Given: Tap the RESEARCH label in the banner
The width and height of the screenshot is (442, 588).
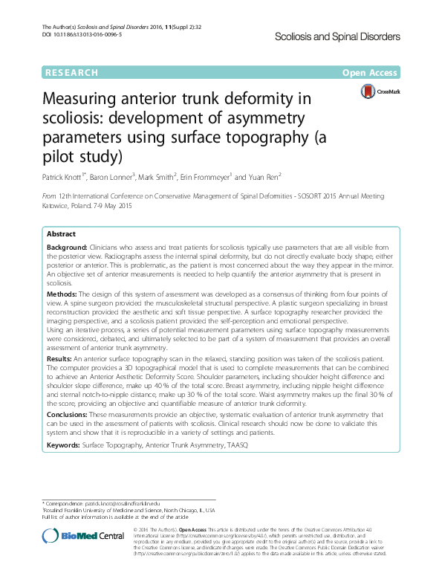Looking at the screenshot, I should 71,73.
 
